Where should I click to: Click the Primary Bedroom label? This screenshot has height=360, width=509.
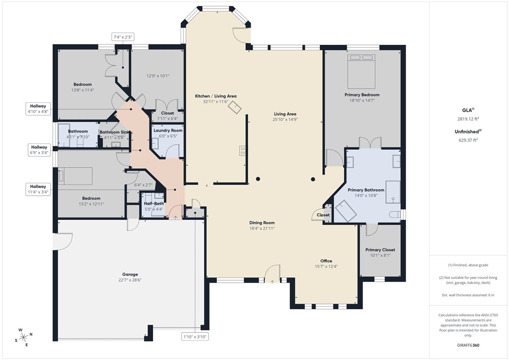(362, 95)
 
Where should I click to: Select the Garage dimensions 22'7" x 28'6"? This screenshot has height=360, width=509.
(130, 280)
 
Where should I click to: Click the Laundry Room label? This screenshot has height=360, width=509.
(168, 130)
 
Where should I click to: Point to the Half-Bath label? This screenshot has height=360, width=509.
(153, 203)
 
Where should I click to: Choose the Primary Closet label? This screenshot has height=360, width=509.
(380, 250)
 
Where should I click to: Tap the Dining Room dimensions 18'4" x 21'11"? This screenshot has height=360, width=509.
(262, 229)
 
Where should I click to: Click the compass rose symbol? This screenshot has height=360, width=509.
(23, 337)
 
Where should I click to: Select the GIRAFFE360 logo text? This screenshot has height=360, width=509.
(468, 346)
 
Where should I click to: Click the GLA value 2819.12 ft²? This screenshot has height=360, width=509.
(468, 119)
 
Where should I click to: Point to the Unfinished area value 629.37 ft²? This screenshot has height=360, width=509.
(468, 140)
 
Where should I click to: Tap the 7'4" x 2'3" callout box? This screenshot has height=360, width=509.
(123, 37)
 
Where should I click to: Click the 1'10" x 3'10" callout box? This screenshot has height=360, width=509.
(195, 336)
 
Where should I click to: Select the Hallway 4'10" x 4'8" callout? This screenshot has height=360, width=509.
(39, 109)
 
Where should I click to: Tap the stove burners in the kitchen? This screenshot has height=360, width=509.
(243, 151)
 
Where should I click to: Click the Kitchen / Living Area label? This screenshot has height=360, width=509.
(215, 96)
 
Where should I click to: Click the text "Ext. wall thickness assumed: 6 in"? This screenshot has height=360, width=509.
(468, 295)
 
